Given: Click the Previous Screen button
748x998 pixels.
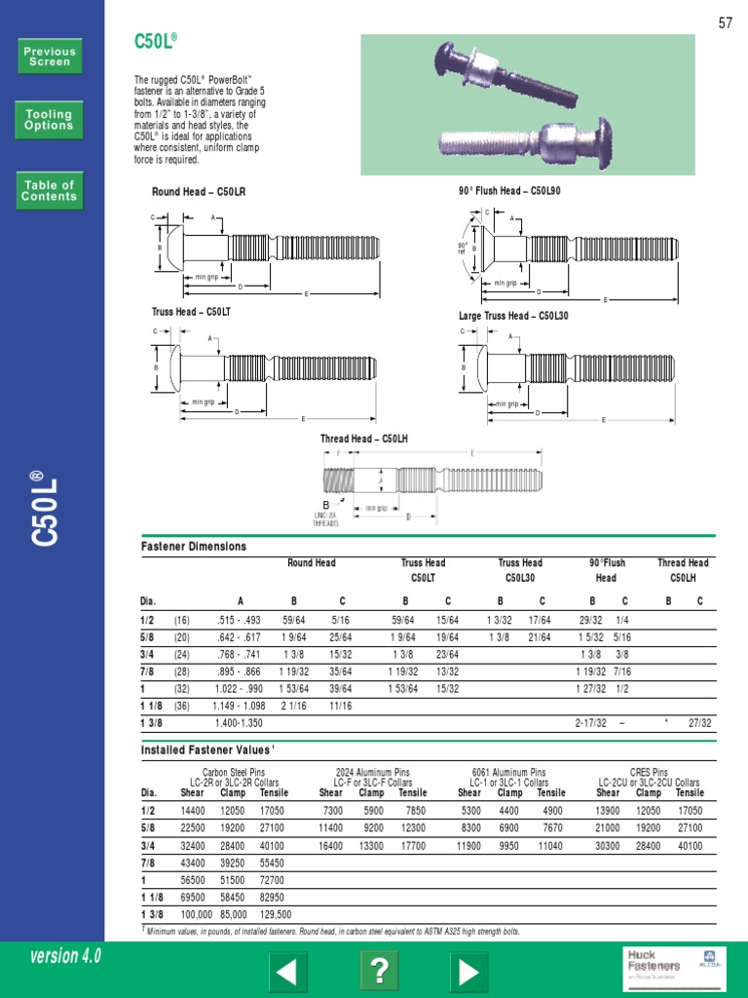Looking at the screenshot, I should (x=49, y=57).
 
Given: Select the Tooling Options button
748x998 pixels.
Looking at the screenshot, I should (x=49, y=120).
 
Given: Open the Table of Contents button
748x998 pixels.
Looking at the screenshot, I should (x=49, y=190).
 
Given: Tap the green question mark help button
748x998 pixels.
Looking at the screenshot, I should (x=379, y=971).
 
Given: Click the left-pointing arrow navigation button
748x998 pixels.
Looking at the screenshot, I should (x=287, y=971).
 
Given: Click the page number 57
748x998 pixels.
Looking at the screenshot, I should (x=725, y=23).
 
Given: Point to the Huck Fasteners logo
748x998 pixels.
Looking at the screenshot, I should (x=654, y=964).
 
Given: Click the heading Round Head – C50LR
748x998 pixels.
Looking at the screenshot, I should (x=199, y=192).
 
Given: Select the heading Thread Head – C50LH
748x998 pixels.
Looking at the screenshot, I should (x=364, y=440).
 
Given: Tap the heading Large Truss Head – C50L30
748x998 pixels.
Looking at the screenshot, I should (x=513, y=316).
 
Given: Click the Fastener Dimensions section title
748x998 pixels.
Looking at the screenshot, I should (x=194, y=547).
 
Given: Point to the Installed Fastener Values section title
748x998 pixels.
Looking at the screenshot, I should (x=207, y=749).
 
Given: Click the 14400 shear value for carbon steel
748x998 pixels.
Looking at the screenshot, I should (x=193, y=810).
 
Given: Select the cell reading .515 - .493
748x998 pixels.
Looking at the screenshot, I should (x=240, y=619).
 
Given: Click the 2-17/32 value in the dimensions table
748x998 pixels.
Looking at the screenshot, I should (x=590, y=723).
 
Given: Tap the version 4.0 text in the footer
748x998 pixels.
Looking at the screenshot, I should (x=65, y=956).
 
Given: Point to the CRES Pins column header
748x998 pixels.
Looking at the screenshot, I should (x=649, y=772).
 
